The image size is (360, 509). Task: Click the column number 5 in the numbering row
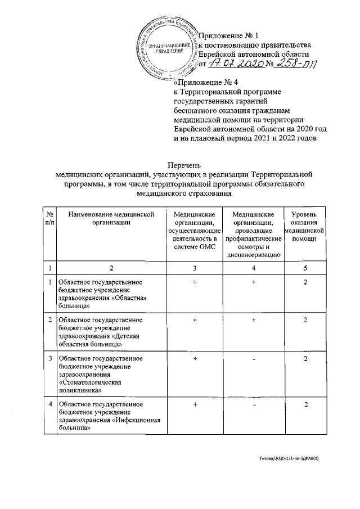tap(304, 268)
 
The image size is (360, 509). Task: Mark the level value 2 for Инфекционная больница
tap(304, 404)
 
